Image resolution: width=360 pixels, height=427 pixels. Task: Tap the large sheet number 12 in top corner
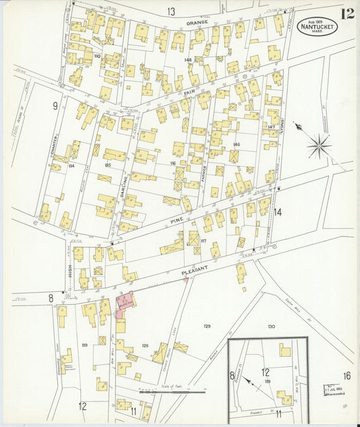(x=347, y=14)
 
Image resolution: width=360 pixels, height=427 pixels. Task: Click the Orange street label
(x=197, y=23)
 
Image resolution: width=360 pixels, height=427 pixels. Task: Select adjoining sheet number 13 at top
(x=172, y=11)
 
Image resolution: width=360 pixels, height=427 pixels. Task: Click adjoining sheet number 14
(x=277, y=212)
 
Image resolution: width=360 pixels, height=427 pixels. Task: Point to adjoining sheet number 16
(x=346, y=376)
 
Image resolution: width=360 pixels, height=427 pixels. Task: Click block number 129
(x=207, y=326)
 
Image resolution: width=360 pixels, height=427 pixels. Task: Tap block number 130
(x=271, y=326)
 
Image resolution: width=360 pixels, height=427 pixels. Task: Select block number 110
(x=97, y=56)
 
